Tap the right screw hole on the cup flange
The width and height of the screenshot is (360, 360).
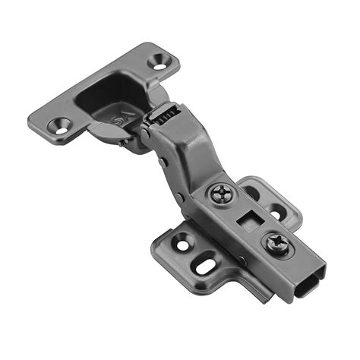coord(162,60)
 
